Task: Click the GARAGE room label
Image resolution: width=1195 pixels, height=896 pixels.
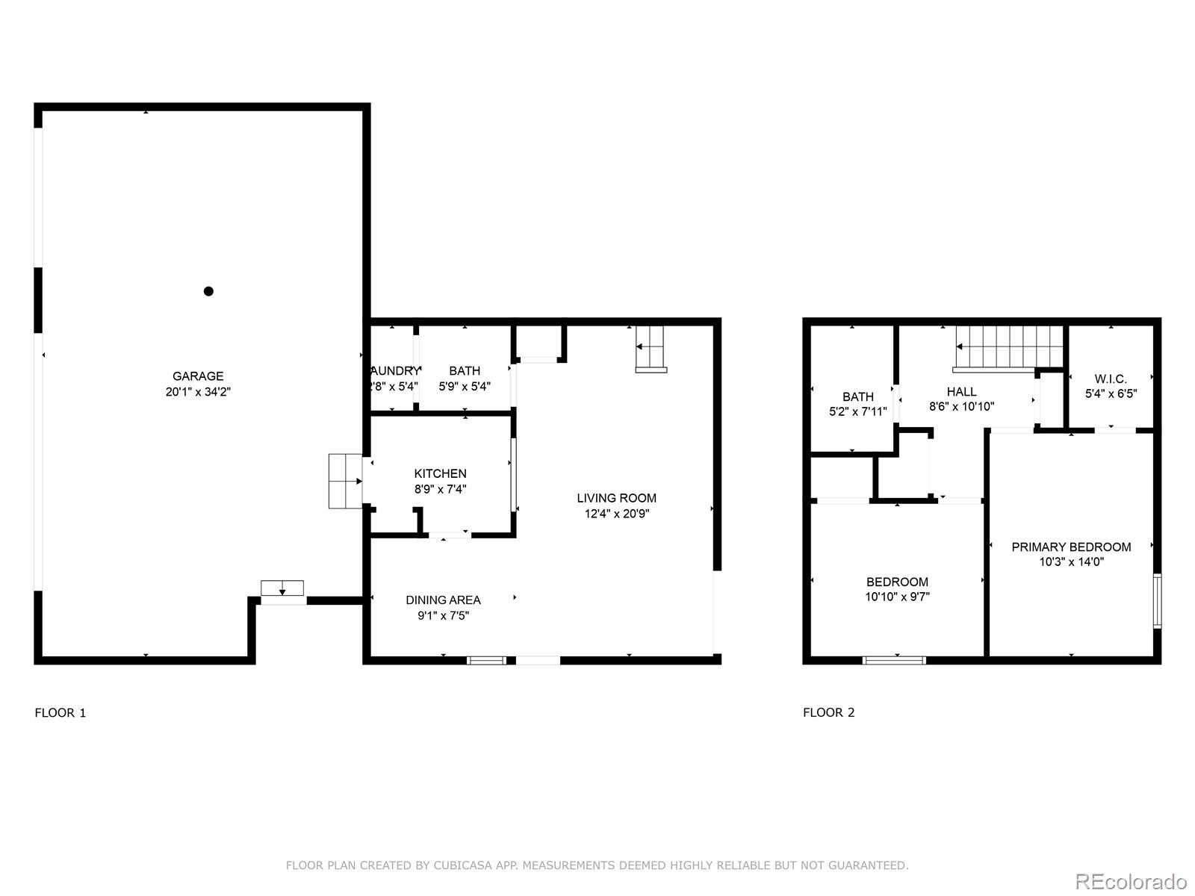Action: tap(198, 376)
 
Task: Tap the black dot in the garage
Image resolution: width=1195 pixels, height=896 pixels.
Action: tap(208, 291)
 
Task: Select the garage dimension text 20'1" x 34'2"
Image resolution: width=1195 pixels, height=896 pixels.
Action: tap(198, 392)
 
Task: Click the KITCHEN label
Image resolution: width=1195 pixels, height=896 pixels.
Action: tap(440, 473)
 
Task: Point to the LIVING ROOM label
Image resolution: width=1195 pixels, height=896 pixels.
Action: tap(616, 498)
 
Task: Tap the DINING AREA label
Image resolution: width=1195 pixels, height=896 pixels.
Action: tap(443, 600)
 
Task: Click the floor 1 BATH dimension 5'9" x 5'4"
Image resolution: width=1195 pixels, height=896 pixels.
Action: tap(464, 387)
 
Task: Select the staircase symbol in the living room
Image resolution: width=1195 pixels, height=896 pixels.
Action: tap(651, 349)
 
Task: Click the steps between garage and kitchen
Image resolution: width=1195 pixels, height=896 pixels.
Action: tap(345, 482)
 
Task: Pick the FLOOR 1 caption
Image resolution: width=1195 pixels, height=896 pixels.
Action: tap(60, 712)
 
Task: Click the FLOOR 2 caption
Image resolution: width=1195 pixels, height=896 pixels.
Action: tap(828, 712)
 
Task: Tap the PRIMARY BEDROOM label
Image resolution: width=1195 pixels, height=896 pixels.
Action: tap(1071, 547)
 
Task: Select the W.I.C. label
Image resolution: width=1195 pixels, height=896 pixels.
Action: tap(1111, 379)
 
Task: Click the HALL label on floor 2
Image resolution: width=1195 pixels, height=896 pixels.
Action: tap(961, 391)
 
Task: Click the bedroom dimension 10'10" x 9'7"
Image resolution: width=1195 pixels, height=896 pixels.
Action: tap(897, 597)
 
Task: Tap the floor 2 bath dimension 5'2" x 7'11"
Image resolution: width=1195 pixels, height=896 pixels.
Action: tap(857, 412)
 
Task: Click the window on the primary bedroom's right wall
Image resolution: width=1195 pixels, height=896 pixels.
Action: tap(1157, 600)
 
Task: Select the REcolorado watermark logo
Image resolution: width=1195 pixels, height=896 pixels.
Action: tap(1132, 881)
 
